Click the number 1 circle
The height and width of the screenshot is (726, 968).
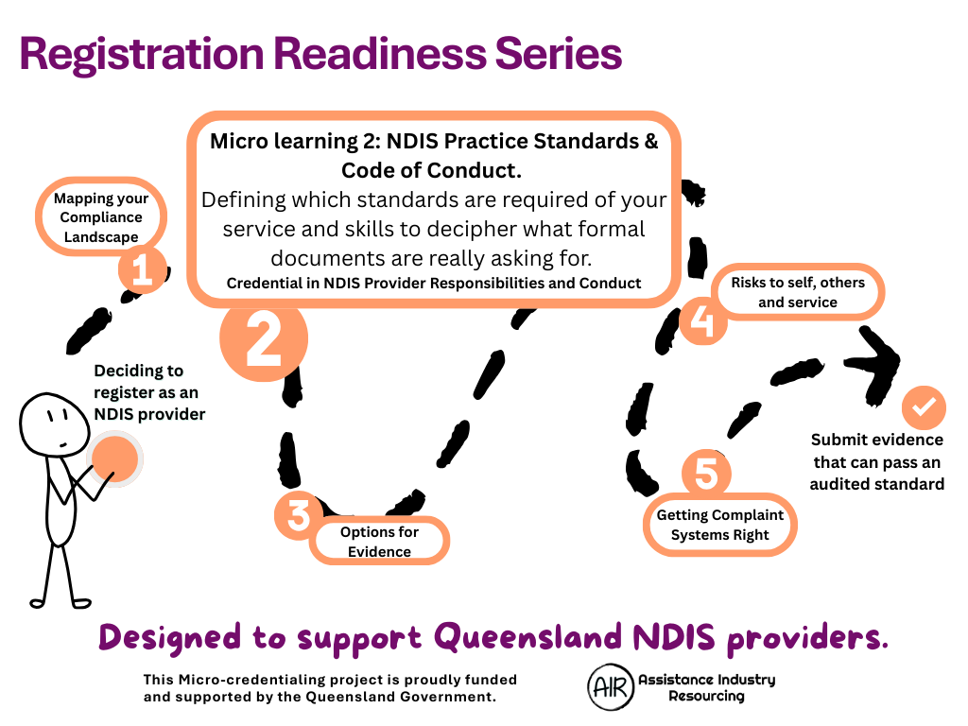tap(143, 269)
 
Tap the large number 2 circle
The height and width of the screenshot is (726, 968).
tap(264, 338)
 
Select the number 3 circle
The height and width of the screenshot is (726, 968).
tap(299, 514)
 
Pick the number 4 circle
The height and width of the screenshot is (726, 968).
tap(702, 320)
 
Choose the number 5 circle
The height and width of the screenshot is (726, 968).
tap(706, 474)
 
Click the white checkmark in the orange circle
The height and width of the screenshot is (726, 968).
tap(924, 407)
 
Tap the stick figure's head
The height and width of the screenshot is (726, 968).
tap(54, 424)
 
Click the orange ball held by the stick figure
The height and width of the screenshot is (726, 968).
tap(114, 458)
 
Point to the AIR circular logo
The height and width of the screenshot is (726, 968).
tap(612, 687)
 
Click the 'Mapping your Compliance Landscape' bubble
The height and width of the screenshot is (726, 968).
tap(101, 217)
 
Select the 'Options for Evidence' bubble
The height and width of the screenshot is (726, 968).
tap(379, 541)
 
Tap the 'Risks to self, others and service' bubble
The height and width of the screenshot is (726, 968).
tap(798, 292)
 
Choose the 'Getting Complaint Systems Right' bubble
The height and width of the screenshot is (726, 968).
tap(719, 525)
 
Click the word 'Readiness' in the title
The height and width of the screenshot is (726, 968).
tap(380, 53)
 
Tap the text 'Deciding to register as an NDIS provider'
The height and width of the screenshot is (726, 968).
tap(149, 392)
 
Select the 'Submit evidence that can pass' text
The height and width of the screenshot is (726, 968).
tap(876, 451)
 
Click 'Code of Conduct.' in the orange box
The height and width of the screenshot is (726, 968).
tap(431, 170)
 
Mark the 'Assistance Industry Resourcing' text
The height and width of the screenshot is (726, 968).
tap(707, 688)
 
